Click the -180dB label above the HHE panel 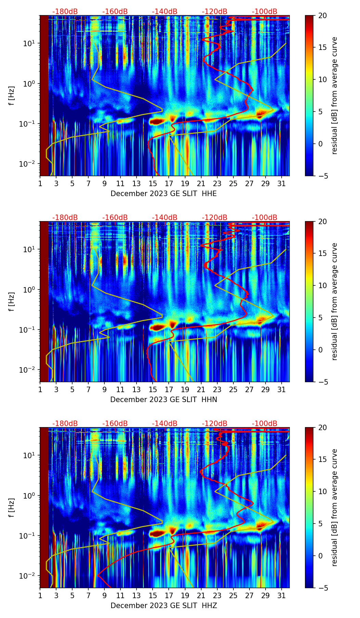65,12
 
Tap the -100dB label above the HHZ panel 265,424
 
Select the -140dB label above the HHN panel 165,218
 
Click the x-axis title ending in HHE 164,194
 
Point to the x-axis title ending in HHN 164,400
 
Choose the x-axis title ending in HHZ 164,606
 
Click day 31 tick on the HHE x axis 282,183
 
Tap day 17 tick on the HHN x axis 169,389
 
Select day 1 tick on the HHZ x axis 40,595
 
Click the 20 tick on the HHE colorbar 323,15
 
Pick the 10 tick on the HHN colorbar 323,285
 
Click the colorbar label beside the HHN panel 335,301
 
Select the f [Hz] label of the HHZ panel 12,507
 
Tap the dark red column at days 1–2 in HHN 44,301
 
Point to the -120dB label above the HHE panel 215,12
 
